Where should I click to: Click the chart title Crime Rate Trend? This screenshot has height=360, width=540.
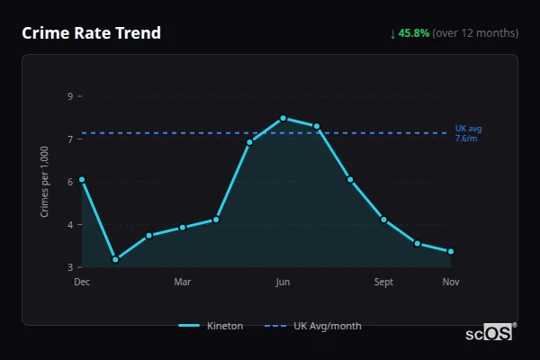pos(92,33)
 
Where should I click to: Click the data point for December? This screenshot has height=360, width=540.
pos(82,179)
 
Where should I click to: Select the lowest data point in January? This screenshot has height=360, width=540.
pos(115,259)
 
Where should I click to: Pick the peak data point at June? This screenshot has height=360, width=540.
pos(283,118)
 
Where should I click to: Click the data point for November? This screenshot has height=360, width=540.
pos(450,251)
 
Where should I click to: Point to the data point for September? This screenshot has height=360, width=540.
pos(383,220)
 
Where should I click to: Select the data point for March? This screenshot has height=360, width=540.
pos(183,227)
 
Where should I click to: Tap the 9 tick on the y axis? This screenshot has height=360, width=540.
pos(69,96)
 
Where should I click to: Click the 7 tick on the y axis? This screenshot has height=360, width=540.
pos(69,139)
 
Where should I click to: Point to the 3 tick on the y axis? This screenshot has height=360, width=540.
pos(69,267)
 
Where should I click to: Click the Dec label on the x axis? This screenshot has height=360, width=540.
pos(82,283)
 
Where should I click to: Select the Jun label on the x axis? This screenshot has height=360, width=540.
pos(283,283)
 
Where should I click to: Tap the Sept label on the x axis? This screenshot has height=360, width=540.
pos(383,283)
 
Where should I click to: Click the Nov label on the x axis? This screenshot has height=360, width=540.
pos(451,283)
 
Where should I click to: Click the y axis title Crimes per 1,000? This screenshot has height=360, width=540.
pos(45,182)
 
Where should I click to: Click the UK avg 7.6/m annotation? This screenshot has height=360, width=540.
pos(469,133)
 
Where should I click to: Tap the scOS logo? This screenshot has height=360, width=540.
pos(490,333)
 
